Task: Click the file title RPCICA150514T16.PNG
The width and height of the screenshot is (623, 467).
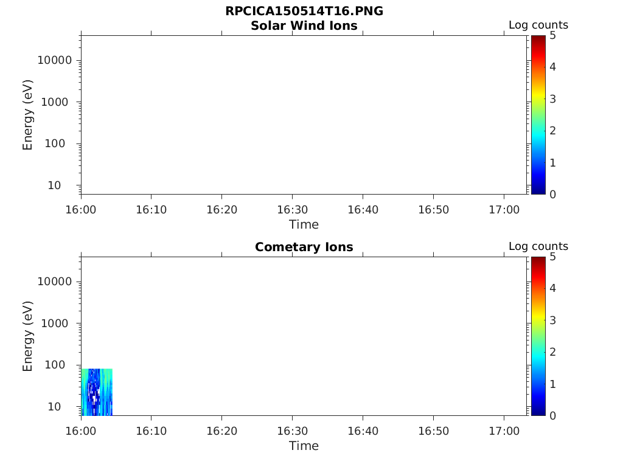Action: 304,12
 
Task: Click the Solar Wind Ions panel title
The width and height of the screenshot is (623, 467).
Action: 304,26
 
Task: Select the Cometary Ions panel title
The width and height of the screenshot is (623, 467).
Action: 304,247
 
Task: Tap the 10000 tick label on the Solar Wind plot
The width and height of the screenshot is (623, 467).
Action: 55,60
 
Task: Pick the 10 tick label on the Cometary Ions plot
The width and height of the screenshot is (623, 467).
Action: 63,406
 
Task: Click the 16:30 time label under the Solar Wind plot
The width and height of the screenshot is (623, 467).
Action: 293,209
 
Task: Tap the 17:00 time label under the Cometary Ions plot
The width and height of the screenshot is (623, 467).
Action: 504,431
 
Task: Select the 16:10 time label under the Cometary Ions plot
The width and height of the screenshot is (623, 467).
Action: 151,431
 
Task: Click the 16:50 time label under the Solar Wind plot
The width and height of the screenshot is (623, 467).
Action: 433,209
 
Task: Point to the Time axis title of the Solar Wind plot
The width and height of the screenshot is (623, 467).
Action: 304,224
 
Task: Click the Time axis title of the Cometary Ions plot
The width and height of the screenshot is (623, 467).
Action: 304,446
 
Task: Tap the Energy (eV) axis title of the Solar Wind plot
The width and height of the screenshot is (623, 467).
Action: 28,115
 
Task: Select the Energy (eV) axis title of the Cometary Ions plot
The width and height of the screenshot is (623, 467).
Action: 28,336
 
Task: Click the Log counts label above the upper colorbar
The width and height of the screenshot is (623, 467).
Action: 538,26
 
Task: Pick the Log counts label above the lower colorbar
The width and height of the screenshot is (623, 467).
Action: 538,247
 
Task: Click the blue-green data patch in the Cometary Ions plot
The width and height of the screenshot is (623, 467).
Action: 97,392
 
